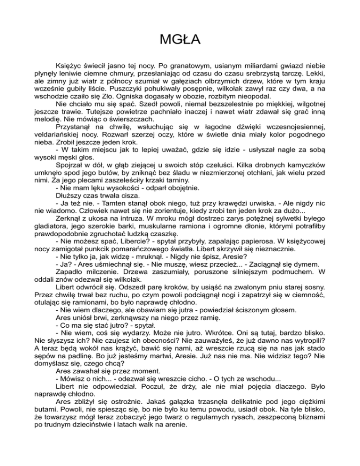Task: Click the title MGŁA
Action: pos(180,38)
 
